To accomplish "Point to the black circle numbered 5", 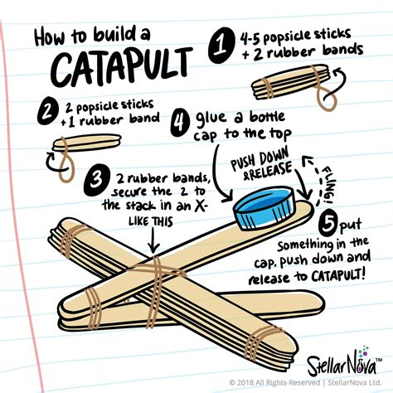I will tap(328, 223).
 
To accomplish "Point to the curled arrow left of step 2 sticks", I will tap(55, 168).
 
